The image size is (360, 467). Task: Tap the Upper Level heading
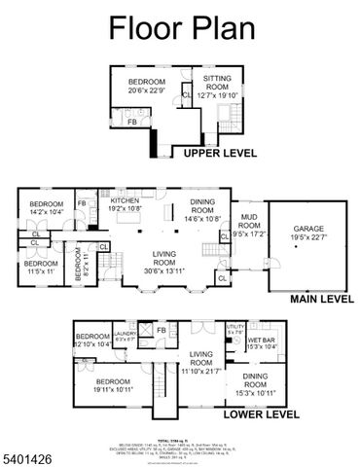214,153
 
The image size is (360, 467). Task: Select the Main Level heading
320,299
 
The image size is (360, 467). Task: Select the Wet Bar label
263,343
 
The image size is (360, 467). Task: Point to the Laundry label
125,338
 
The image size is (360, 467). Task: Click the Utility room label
235,329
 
